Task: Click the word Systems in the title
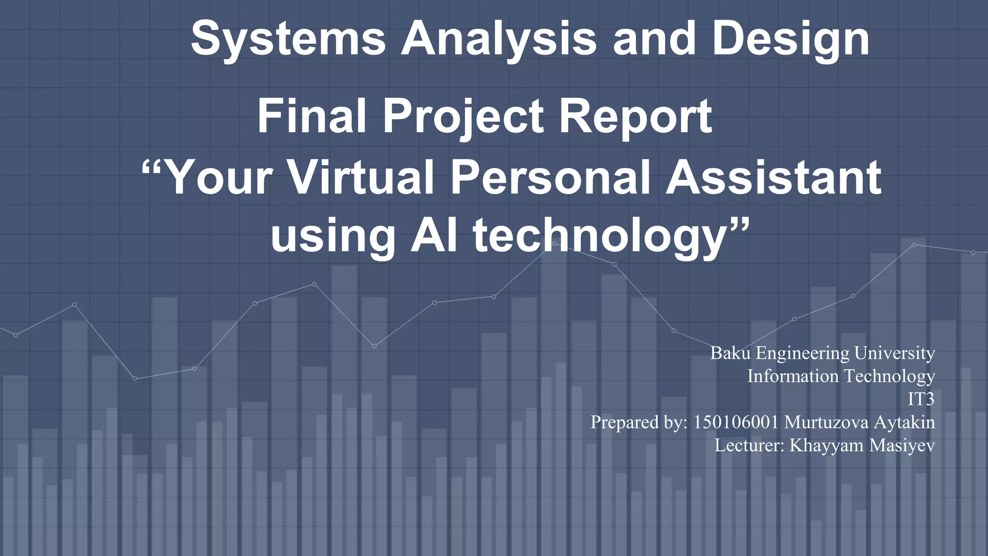click(x=288, y=39)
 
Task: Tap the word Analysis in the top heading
click(x=499, y=39)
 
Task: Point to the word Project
click(x=464, y=117)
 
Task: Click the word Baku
click(x=730, y=353)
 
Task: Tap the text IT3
click(x=921, y=399)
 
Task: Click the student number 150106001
click(x=736, y=422)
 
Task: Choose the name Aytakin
click(x=904, y=423)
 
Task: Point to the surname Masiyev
click(x=902, y=445)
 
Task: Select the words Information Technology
click(x=841, y=376)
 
